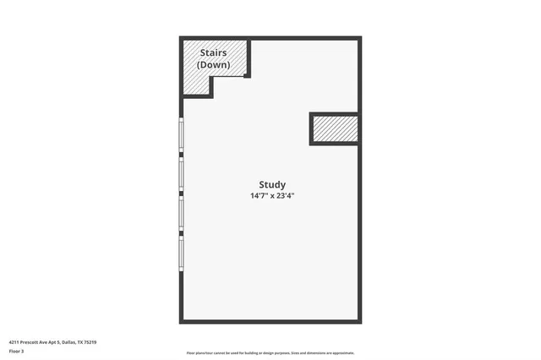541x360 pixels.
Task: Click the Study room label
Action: tap(271, 184)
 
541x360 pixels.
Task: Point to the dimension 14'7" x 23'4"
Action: tap(271, 195)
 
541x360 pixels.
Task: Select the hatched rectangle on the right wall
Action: tap(335, 129)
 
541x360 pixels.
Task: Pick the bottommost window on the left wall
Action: tap(181, 252)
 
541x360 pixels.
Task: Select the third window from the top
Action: tap(181, 213)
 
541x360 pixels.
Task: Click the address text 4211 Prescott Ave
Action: tap(34, 342)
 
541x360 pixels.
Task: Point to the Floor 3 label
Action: tap(17, 351)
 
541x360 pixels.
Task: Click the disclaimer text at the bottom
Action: tap(270, 353)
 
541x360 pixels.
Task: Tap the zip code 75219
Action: tap(90, 342)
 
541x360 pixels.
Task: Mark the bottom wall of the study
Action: tap(270, 321)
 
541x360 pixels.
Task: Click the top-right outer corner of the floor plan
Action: tap(360, 38)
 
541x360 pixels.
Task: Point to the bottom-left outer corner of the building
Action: tap(181, 322)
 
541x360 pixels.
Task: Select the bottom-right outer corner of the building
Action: tap(360, 322)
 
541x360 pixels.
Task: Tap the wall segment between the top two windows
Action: tap(181, 155)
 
